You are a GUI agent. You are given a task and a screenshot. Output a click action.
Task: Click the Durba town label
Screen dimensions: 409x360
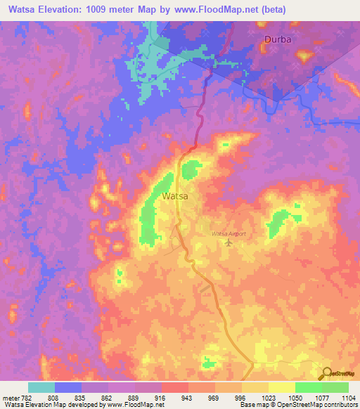(x=277, y=39)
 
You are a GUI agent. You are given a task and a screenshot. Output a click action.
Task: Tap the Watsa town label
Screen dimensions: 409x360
(x=174, y=197)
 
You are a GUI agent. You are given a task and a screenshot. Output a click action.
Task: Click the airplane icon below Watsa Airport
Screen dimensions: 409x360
(x=228, y=243)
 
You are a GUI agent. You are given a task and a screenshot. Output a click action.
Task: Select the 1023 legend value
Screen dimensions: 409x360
(x=268, y=397)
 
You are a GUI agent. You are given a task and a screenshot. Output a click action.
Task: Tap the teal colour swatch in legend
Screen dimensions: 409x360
(x=41, y=387)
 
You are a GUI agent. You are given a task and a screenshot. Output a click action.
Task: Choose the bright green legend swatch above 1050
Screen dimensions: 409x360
(x=309, y=387)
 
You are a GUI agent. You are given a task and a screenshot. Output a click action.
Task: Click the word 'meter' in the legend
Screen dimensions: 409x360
(x=10, y=397)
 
